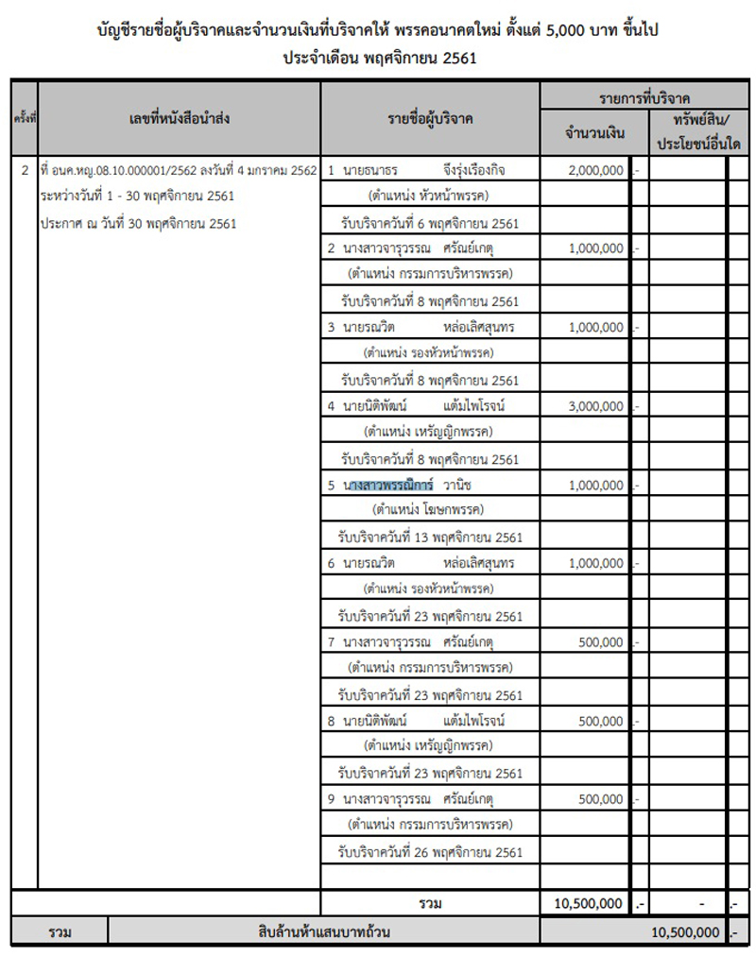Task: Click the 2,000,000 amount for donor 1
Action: point(596,170)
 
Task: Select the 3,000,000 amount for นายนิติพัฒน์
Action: point(596,406)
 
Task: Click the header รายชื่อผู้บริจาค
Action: point(430,118)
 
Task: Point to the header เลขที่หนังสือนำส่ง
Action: point(180,118)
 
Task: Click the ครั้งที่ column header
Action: point(25,118)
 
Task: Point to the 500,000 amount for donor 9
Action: point(600,799)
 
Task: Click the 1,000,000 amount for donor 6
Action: point(596,563)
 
